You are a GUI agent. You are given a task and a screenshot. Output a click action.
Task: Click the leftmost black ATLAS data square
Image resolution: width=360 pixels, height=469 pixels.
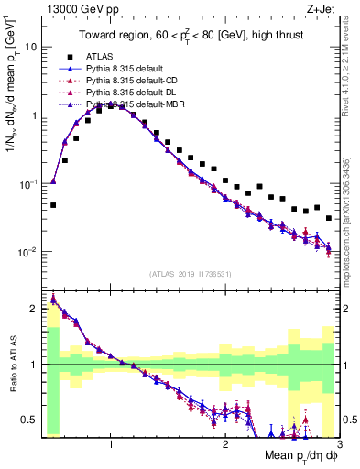tap(53, 205)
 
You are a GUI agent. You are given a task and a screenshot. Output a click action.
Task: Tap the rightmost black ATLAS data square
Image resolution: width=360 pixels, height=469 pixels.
tap(329, 218)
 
